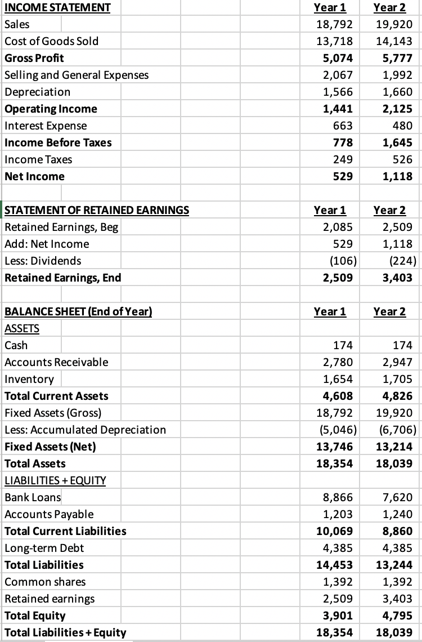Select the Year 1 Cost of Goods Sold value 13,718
coord(336,41)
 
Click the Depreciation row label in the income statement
coord(38,92)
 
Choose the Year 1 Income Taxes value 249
coord(344,159)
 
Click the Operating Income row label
coord(51,109)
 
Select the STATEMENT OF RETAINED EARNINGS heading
coord(97,211)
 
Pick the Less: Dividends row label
coord(43,261)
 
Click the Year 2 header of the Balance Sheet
coord(389,312)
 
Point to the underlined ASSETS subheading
coord(23,329)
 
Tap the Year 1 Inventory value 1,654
coord(338,379)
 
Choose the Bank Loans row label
coord(33,497)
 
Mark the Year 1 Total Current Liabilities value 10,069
coord(336,531)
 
